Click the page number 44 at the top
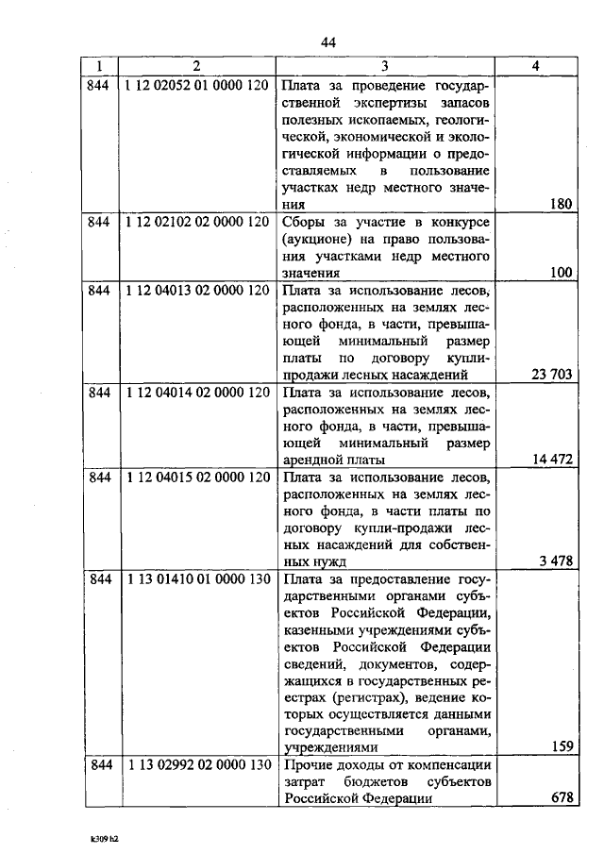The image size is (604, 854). tap(328, 42)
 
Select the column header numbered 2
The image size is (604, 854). tap(196, 67)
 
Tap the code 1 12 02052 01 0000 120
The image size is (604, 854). tap(196, 86)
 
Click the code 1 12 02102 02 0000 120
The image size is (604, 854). tap(196, 223)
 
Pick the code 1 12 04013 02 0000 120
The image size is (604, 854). tap(196, 291)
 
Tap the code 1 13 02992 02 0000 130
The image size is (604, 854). tap(196, 766)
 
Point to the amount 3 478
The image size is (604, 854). tap(557, 561)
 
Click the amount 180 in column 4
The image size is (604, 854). tap(562, 204)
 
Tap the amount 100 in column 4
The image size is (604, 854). tap(562, 273)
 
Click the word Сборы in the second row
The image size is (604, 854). tap(302, 223)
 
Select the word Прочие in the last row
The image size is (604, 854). tap(308, 766)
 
